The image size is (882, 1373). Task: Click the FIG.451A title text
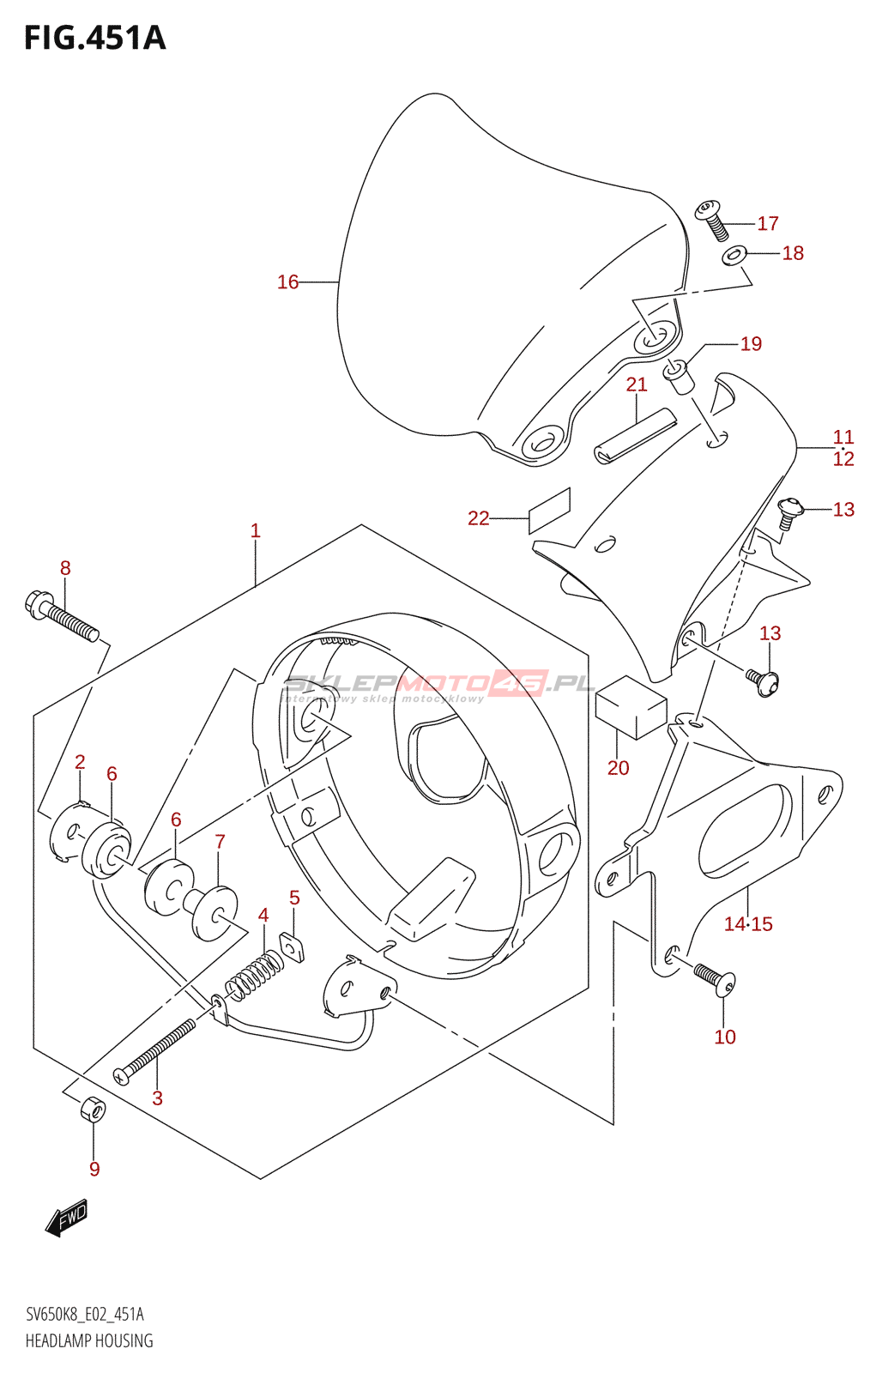pyautogui.click(x=95, y=38)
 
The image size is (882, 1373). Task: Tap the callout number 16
pyautogui.click(x=287, y=282)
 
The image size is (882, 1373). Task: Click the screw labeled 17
pyautogui.click(x=712, y=220)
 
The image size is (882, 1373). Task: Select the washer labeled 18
pyautogui.click(x=733, y=254)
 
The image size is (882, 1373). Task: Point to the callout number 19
pyautogui.click(x=751, y=344)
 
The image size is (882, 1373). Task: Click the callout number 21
pyautogui.click(x=637, y=384)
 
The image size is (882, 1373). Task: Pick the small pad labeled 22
pyautogui.click(x=549, y=511)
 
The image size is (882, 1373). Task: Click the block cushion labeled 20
pyautogui.click(x=631, y=707)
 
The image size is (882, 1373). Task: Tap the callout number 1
pyautogui.click(x=255, y=531)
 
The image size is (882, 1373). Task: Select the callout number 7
pyautogui.click(x=220, y=842)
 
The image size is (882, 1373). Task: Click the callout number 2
pyautogui.click(x=80, y=762)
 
